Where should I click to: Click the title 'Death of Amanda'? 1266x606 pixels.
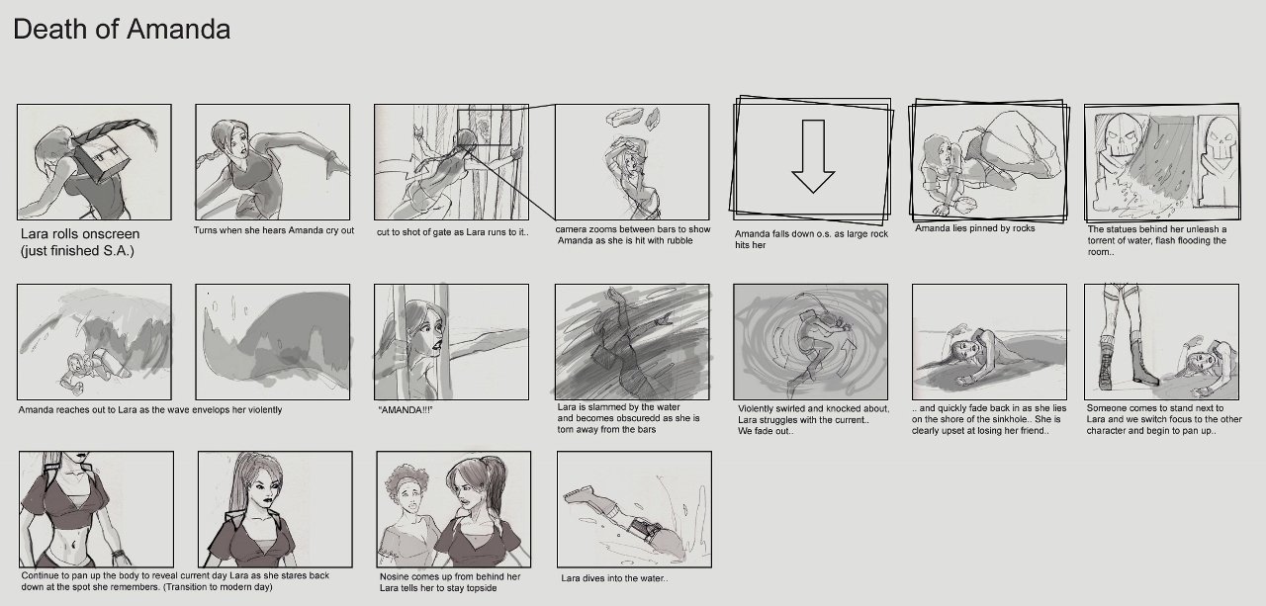[122, 30]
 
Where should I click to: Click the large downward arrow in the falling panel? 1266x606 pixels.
[813, 156]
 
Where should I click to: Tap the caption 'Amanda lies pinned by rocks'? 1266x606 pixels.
[975, 228]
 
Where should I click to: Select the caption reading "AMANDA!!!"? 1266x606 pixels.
[406, 410]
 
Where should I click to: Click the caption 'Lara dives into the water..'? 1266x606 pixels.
[614, 578]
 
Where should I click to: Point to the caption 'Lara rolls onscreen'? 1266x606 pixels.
[80, 234]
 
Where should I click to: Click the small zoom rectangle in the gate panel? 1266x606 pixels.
[484, 128]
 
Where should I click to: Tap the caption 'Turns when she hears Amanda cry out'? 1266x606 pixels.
[274, 230]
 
